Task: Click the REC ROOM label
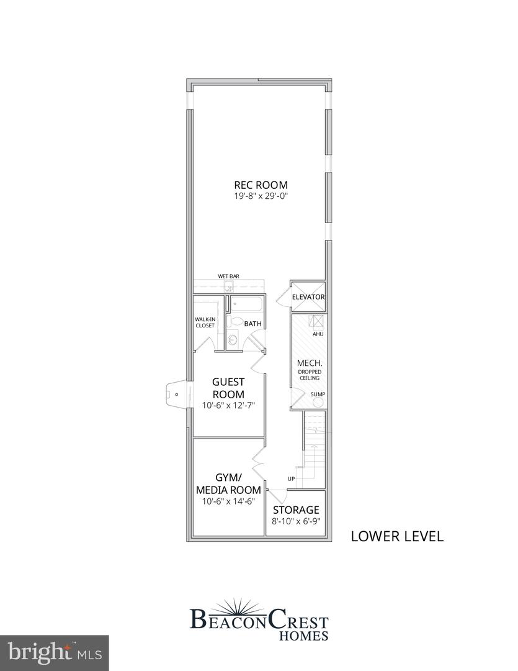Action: click(261, 185)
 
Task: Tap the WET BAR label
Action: click(228, 275)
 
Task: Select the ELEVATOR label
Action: click(308, 297)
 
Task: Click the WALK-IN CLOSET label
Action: click(205, 322)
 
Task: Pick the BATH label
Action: click(252, 324)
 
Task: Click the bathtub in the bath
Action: click(246, 304)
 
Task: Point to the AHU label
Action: click(318, 334)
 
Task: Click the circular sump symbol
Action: click(318, 402)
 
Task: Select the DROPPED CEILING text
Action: click(310, 375)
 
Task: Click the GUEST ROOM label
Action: click(228, 388)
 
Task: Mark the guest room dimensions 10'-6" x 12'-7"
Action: click(228, 405)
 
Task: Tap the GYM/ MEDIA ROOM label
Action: click(228, 483)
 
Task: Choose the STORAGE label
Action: click(296, 510)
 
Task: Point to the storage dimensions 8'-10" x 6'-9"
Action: click(296, 522)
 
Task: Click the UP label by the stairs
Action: click(291, 478)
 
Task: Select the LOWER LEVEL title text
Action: click(397, 536)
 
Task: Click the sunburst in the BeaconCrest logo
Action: click(259, 605)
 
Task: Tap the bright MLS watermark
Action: click(54, 652)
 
